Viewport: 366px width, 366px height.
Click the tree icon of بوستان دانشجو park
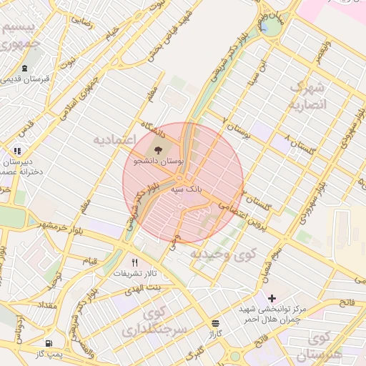(x=157, y=150)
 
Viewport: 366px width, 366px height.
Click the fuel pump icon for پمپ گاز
(x=48, y=343)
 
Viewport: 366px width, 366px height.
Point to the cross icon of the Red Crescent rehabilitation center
(x=271, y=298)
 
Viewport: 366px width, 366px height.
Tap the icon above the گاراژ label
(x=216, y=323)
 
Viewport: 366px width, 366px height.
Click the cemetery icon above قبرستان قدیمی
(x=25, y=69)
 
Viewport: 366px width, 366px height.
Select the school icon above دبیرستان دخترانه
(x=17, y=151)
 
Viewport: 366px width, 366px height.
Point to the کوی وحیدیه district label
(x=219, y=253)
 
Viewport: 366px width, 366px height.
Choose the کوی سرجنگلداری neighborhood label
(x=164, y=322)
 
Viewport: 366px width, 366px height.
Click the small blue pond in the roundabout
(x=264, y=28)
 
